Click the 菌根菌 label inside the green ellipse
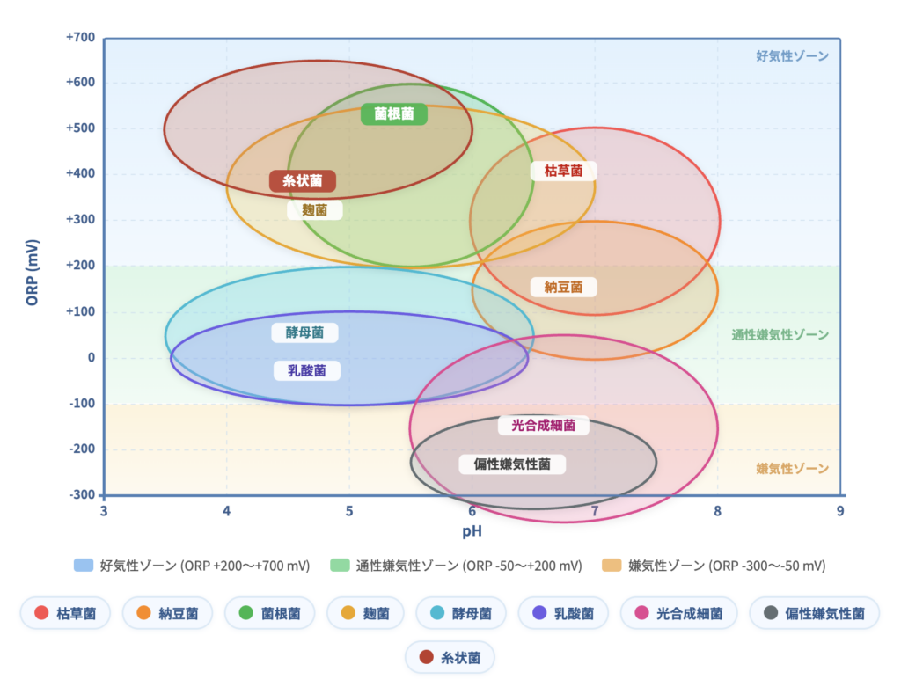point(394,114)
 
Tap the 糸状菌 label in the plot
point(302,181)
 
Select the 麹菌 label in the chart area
point(314,210)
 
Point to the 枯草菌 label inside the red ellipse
point(563,171)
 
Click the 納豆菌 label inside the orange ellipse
point(563,287)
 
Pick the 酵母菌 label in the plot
point(304,332)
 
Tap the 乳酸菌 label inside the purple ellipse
point(306,370)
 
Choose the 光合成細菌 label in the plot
point(543,426)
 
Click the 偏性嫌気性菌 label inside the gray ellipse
point(512,464)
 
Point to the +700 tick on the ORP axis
point(80,38)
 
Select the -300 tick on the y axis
point(81,494)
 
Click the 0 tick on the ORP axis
point(91,357)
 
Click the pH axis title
point(472,531)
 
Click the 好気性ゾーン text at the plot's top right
point(792,56)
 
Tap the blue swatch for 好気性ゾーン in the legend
point(84,566)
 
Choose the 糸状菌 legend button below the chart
point(450,657)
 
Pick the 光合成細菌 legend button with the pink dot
point(678,613)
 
